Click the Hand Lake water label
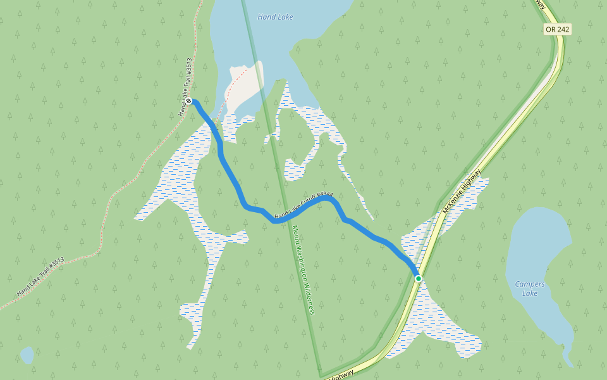pyautogui.click(x=275, y=17)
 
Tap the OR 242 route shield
pyautogui.click(x=557, y=30)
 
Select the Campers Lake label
pyautogui.click(x=530, y=288)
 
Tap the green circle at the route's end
pyautogui.click(x=418, y=278)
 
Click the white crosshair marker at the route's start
pyautogui.click(x=188, y=101)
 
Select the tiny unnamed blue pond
pyautogui.click(x=27, y=355)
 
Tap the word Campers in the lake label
pyautogui.click(x=530, y=284)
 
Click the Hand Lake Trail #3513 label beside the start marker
pyautogui.click(x=185, y=87)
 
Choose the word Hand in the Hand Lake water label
pyautogui.click(x=266, y=17)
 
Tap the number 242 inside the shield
pyautogui.click(x=561, y=30)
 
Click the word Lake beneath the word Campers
pyautogui.click(x=529, y=293)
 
